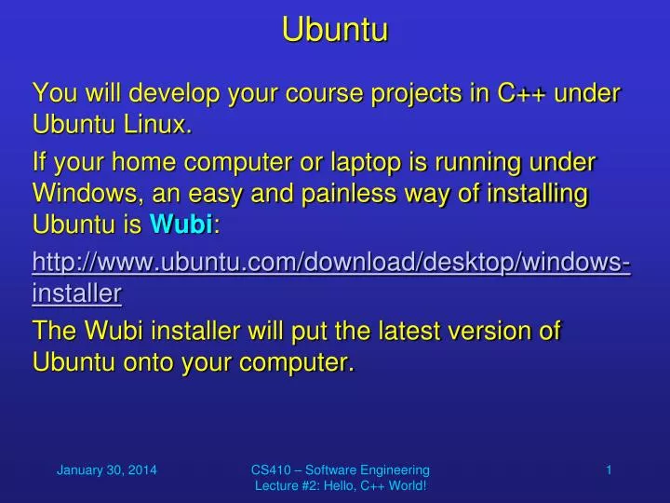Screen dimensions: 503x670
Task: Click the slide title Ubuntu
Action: coord(335,31)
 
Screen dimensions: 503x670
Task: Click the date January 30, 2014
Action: coord(106,470)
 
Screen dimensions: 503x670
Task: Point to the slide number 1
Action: coord(609,470)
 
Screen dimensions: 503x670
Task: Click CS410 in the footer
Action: coord(270,470)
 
